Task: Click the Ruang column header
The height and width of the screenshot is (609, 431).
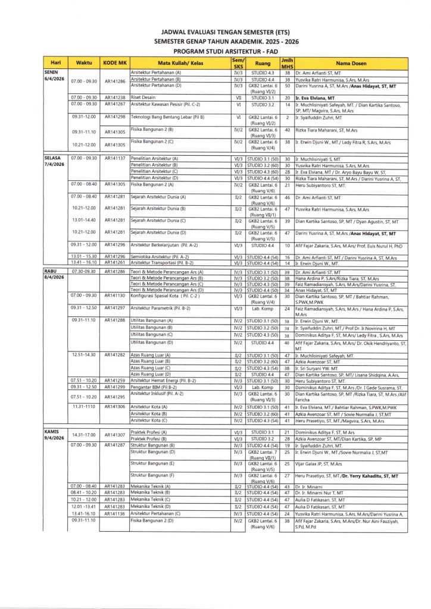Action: [263, 63]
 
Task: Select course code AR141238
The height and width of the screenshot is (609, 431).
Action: [115, 98]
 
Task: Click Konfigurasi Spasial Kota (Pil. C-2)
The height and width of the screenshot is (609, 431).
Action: [165, 295]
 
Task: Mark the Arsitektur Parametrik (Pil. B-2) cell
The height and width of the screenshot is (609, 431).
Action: [160, 308]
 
